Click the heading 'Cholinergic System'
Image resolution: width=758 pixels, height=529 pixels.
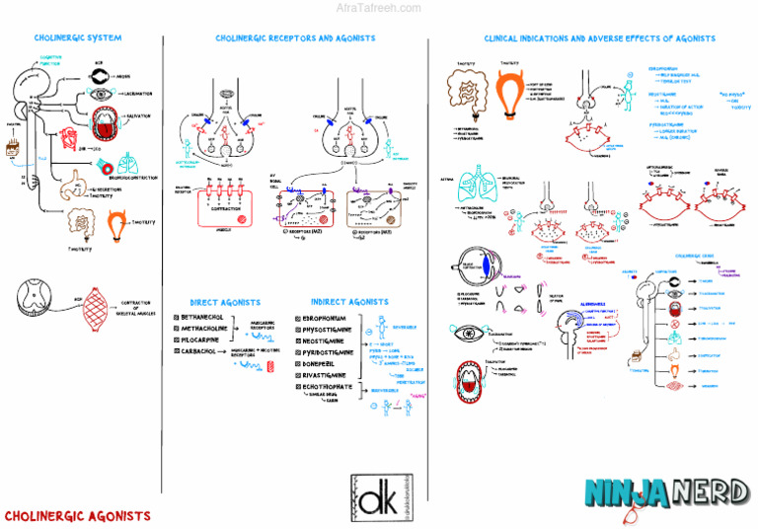coord(78,38)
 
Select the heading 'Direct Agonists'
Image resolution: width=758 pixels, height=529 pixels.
coord(225,302)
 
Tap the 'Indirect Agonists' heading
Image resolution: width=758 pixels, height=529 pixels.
coord(348,302)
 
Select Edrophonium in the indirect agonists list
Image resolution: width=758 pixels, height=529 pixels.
coord(332,319)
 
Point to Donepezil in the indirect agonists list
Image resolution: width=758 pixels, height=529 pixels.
coord(325,363)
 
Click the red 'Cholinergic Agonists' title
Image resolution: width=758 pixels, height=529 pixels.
coord(78,515)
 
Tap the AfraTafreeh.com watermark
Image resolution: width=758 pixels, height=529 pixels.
coord(379,7)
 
